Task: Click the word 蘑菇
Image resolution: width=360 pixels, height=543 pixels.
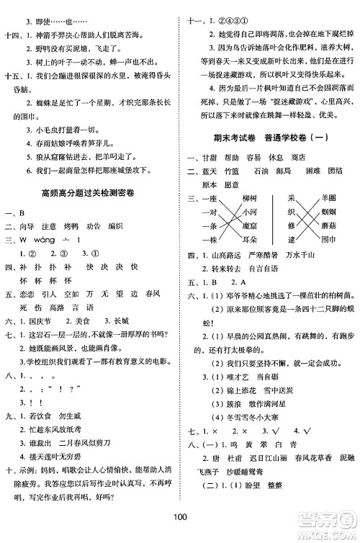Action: tap(329, 225)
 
